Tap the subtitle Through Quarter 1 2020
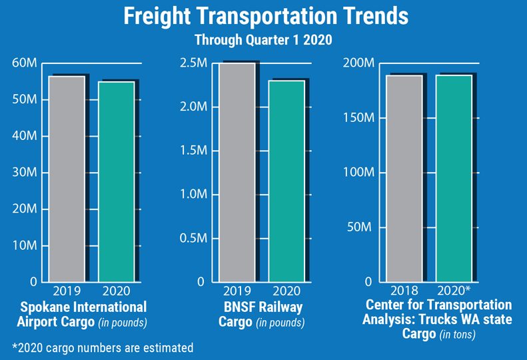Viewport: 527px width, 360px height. (x=263, y=40)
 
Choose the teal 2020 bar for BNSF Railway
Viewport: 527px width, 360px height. (x=286, y=181)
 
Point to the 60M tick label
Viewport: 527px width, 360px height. (x=25, y=63)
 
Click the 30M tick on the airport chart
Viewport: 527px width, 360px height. (x=25, y=173)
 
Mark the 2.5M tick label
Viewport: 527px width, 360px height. (x=194, y=63)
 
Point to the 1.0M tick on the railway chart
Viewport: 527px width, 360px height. (x=194, y=195)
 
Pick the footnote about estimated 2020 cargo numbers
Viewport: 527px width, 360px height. (x=103, y=347)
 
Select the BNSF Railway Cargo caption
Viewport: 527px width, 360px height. (x=261, y=314)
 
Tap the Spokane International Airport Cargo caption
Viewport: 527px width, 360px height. (x=83, y=314)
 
